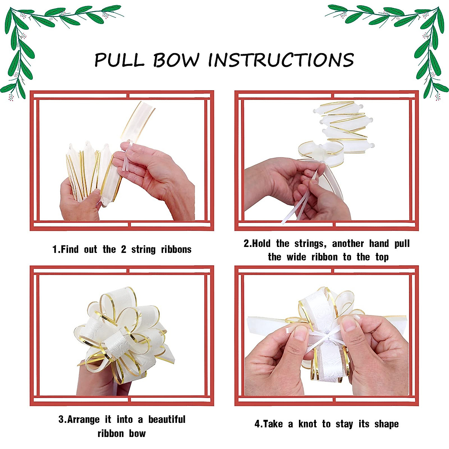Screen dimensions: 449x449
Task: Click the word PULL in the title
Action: [x=119, y=60]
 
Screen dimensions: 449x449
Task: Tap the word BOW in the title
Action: [x=176, y=60]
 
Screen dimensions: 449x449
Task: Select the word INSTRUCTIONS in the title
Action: [x=281, y=60]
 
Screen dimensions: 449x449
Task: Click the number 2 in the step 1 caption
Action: [x=123, y=250]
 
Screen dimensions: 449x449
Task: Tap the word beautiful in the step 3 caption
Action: [x=167, y=419]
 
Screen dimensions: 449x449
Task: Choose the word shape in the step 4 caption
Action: [x=386, y=424]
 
